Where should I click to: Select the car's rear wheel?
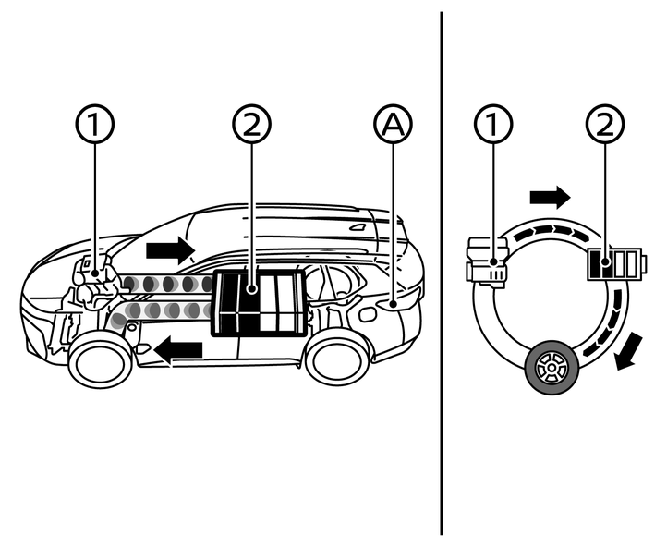tap(336, 359)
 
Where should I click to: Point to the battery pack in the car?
tap(259, 303)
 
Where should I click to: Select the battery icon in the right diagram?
tap(612, 266)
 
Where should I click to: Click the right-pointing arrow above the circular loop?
tap(550, 196)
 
